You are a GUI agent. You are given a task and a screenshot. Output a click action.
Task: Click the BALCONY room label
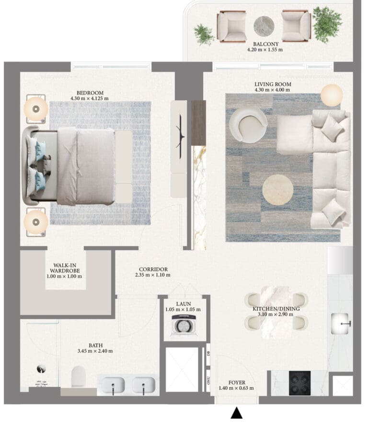(x=265, y=44)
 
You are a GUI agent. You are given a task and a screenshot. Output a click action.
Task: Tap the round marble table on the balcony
(x=264, y=26)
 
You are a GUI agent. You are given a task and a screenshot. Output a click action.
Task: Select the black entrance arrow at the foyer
(x=237, y=412)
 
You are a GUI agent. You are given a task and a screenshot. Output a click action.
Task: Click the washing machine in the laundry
(x=184, y=325)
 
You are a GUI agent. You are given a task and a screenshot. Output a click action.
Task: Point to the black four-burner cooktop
(x=299, y=383)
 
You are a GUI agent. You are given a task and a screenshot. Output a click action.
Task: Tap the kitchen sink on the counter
(x=340, y=324)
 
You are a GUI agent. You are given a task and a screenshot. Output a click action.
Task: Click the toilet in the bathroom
(x=79, y=376)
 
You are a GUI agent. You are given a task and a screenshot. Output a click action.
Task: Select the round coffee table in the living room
(x=277, y=190)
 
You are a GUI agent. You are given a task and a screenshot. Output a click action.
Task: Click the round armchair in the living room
(x=248, y=125)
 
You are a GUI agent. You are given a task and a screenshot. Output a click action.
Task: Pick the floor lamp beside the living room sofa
(x=332, y=95)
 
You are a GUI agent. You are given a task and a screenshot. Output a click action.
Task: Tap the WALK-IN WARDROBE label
(x=65, y=268)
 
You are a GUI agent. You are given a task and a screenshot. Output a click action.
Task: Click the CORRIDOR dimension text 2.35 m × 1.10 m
(x=153, y=275)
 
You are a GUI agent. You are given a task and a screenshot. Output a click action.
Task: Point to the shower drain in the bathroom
(x=41, y=369)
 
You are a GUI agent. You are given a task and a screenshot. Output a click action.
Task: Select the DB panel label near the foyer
(x=208, y=353)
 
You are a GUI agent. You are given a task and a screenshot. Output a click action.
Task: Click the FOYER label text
(x=237, y=383)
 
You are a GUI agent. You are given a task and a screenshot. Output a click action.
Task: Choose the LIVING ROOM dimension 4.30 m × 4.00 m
(x=273, y=90)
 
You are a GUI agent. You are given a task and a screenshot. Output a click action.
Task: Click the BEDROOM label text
(x=90, y=93)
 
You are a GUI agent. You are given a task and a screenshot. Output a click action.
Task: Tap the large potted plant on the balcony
(x=327, y=24)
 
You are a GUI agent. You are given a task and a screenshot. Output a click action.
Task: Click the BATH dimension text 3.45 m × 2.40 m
(x=95, y=351)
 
